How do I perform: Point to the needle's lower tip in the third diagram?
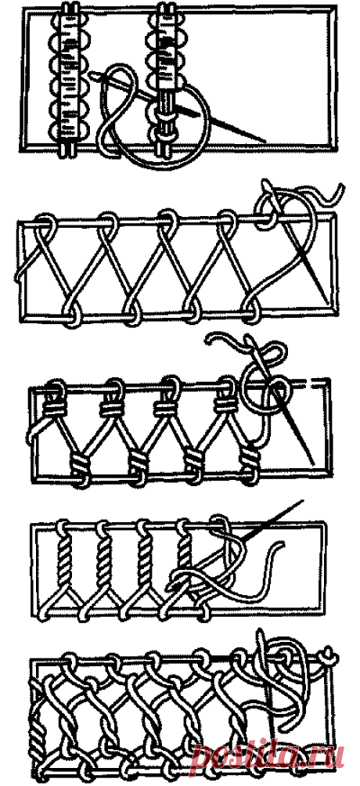click(x=312, y=462)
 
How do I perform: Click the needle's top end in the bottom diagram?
click(x=261, y=634)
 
